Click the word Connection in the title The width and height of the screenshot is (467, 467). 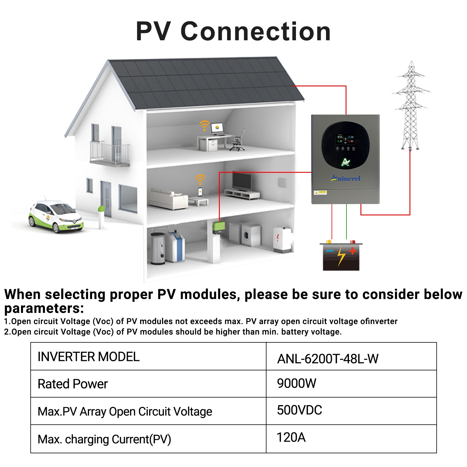pos(256,31)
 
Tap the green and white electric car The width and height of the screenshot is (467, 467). pos(56,216)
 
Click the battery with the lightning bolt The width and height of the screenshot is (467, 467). pos(341,255)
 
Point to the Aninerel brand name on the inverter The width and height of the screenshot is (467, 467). pos(346,178)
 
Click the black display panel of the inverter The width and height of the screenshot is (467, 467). pos(346,145)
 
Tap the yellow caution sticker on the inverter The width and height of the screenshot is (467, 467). pos(320,192)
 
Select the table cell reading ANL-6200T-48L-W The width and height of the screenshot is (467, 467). pos(351,356)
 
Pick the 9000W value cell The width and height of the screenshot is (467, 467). pos(351,384)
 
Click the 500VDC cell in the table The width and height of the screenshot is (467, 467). pos(351,411)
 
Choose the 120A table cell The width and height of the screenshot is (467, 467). pos(351,439)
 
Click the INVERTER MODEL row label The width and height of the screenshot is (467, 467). pos(89,357)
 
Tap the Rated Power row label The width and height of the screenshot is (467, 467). pos(73,384)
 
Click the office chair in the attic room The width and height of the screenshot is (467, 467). pos(238,140)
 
